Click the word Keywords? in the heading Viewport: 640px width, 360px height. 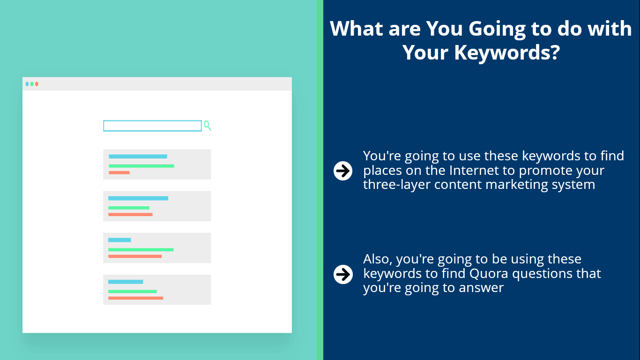pos(507,52)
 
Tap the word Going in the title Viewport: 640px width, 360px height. pos(497,29)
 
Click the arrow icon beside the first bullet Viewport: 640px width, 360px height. pos(343,171)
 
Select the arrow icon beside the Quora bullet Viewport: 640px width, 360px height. pos(343,274)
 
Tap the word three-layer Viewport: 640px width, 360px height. pos(396,185)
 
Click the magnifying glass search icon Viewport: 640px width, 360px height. pos(208,126)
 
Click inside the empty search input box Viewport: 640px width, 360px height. pos(152,126)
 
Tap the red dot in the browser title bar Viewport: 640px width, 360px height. pos(37,84)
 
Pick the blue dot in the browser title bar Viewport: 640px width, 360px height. pos(27,84)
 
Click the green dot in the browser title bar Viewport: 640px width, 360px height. pos(32,84)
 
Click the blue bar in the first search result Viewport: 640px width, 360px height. pos(138,157)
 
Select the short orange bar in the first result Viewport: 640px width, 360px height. pos(119,172)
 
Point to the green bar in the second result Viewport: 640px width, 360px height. pos(128,208)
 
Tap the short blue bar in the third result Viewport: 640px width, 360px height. pos(119,240)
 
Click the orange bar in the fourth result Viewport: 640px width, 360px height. pos(135,298)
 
